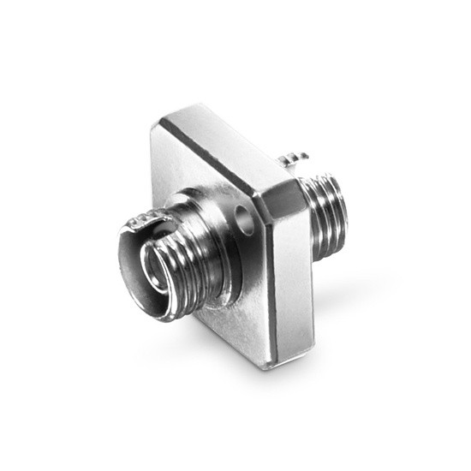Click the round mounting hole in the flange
[x=248, y=214]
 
